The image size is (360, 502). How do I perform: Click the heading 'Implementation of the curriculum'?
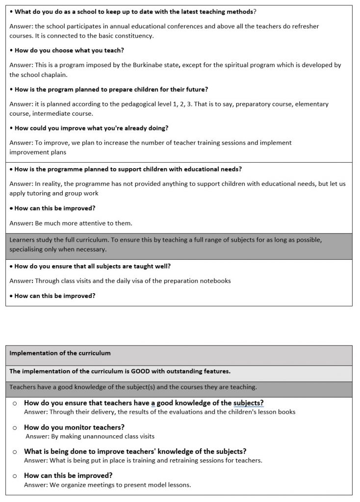point(60,353)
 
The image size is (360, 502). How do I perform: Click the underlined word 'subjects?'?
point(249,403)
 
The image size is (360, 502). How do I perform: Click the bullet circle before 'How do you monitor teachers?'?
point(15,427)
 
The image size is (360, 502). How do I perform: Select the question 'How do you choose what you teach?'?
point(69,50)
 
